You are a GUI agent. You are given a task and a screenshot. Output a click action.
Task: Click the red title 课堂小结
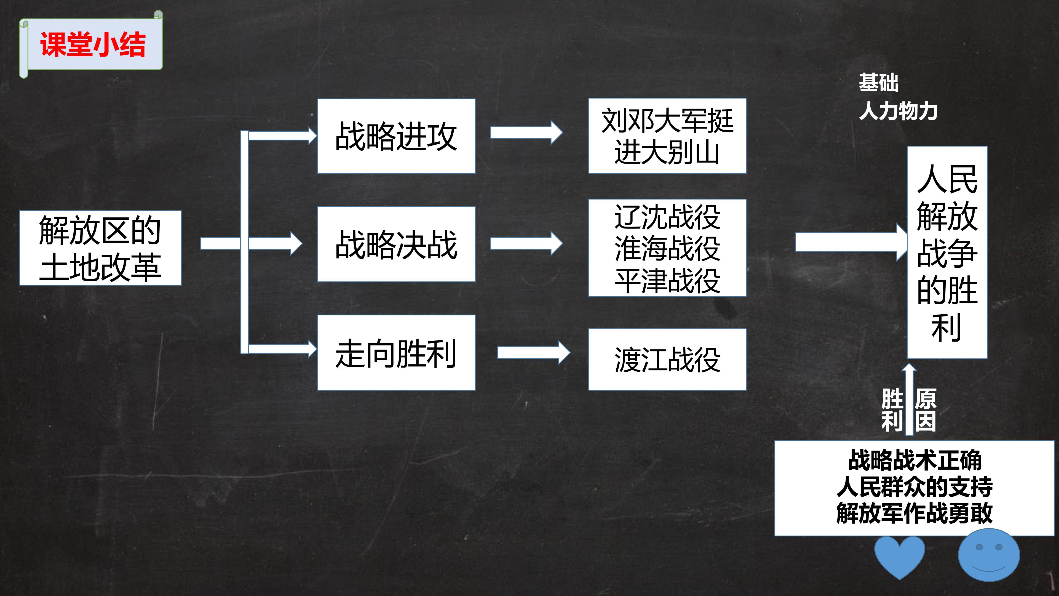coord(93,44)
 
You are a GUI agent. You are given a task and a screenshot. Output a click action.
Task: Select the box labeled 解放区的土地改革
coord(100,248)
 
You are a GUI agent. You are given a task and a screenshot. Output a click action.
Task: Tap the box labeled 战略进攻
coord(396,136)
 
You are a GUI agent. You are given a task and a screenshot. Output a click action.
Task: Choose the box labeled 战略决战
coord(396,244)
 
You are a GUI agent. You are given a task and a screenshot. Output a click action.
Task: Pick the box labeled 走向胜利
coord(396,353)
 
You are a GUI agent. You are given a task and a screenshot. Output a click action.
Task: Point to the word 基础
coord(879,83)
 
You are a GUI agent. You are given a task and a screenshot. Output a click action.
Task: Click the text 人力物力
coord(898,111)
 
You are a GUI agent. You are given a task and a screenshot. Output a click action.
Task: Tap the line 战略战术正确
coord(915,460)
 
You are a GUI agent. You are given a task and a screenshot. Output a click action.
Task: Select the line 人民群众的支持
coord(915,486)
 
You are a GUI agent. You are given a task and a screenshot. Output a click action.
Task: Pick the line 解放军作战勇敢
coord(915,513)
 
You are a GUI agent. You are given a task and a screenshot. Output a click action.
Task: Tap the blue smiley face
coord(989,555)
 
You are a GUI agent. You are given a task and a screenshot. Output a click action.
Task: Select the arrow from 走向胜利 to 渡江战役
coord(534,353)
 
